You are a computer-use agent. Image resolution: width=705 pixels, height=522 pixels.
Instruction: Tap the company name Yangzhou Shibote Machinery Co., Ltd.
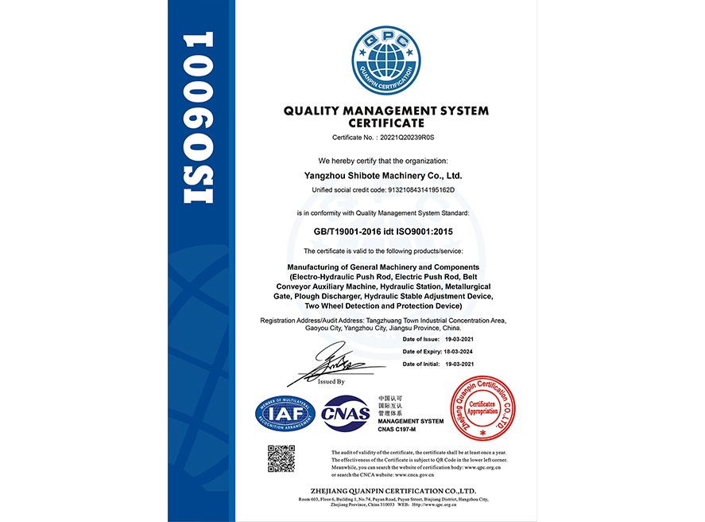click(x=383, y=175)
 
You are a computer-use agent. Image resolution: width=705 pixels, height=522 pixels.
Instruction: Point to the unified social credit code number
click(x=425, y=189)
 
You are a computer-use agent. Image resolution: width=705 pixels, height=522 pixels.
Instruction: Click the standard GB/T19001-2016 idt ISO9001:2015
click(x=383, y=232)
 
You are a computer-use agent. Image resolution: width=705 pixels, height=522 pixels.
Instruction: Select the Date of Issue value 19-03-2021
click(x=459, y=340)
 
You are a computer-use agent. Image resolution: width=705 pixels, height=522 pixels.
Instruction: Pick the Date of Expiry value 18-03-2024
click(x=459, y=352)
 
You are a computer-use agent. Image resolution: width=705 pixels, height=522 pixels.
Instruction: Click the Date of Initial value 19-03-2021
click(x=459, y=364)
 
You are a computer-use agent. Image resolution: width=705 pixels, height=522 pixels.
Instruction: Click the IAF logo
click(x=285, y=413)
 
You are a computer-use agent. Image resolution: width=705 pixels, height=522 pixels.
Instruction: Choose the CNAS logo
click(x=346, y=413)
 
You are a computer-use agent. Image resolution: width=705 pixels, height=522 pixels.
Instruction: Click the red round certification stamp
click(x=480, y=407)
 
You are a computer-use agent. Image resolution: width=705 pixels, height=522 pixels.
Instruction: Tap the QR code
click(x=281, y=459)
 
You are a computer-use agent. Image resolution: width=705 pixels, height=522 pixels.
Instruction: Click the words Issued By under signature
click(x=331, y=382)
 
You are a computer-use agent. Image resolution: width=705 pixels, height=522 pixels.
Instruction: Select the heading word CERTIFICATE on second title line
click(x=386, y=123)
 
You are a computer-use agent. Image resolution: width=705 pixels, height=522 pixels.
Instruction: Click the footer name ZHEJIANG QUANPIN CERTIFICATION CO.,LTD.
click(x=386, y=491)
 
